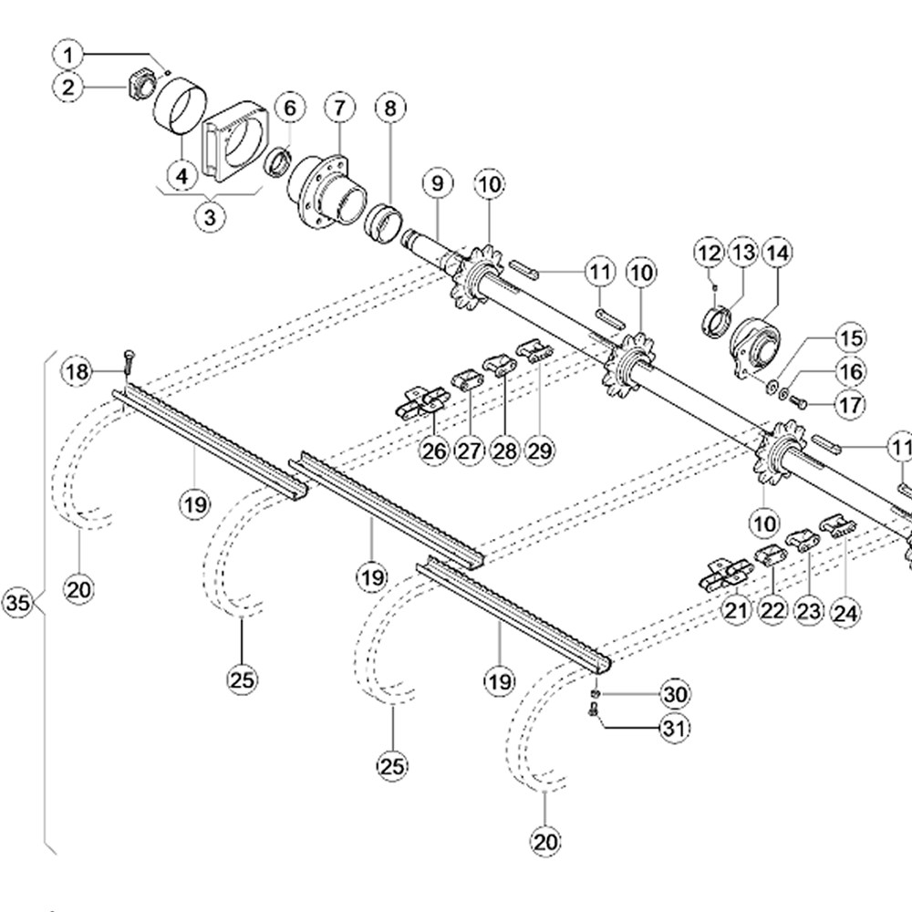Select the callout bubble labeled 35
click(x=17, y=604)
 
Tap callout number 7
click(x=339, y=109)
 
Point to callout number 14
click(x=777, y=252)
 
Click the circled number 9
click(x=438, y=184)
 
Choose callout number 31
click(x=676, y=729)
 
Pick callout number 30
click(x=676, y=695)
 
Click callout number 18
click(x=78, y=371)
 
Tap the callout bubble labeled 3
click(x=211, y=218)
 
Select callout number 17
click(x=850, y=403)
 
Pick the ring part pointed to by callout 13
click(x=718, y=322)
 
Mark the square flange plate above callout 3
click(x=233, y=140)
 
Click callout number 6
click(x=290, y=109)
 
